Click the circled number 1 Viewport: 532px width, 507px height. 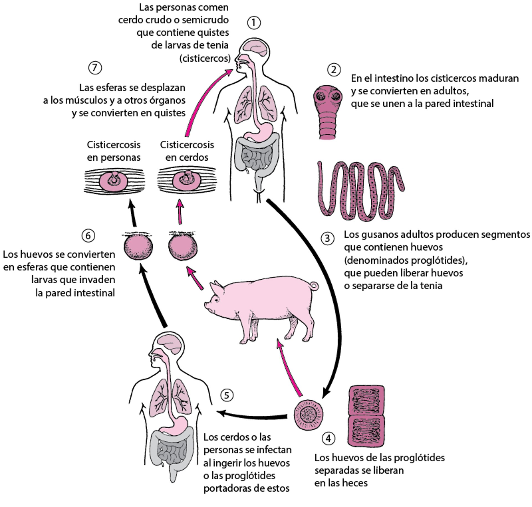click(254, 23)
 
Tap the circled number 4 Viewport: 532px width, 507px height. click(329, 438)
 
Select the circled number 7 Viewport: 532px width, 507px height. click(95, 68)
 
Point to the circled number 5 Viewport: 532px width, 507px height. click(227, 395)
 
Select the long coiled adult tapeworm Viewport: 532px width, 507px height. click(360, 191)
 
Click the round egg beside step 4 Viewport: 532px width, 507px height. click(309, 415)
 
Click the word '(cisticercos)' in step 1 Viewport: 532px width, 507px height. click(205, 58)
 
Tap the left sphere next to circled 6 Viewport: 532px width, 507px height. click(138, 247)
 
